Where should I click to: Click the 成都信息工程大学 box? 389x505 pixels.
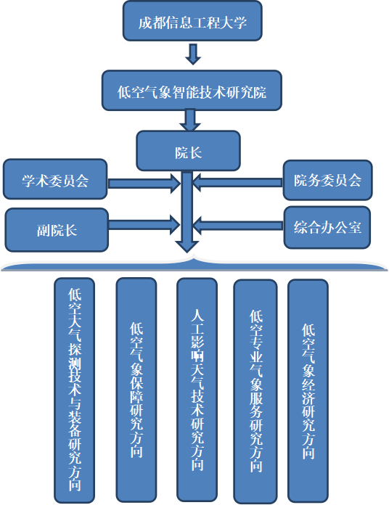coord(193,22)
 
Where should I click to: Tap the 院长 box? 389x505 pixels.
coord(189,151)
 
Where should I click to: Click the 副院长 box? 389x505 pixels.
coord(57,229)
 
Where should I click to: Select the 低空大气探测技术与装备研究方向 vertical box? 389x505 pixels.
coord(75,389)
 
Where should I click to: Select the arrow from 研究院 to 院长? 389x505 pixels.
coord(191,120)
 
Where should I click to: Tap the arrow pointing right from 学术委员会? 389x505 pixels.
coord(144,184)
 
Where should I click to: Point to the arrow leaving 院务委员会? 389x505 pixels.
coord(238,184)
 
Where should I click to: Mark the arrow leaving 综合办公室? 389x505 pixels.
coord(238,225)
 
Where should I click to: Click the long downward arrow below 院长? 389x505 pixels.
coord(187,218)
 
